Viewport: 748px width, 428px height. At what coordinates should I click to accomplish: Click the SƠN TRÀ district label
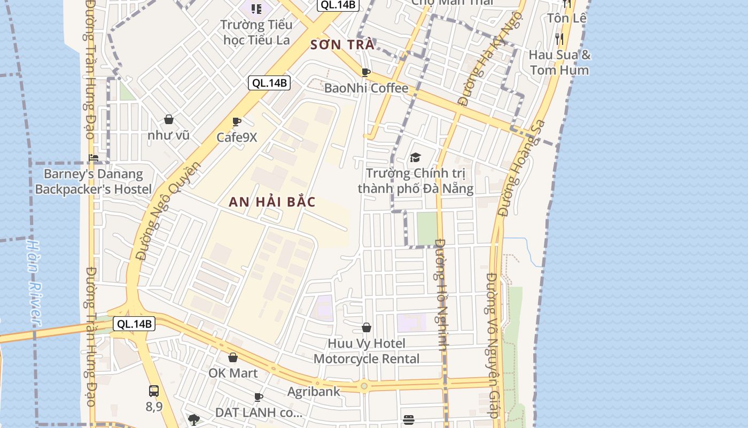click(342, 44)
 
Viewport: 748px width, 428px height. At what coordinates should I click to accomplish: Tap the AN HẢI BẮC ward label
click(272, 202)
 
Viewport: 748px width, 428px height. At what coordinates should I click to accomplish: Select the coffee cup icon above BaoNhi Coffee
click(366, 72)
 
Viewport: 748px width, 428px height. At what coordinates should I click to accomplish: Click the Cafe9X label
click(237, 137)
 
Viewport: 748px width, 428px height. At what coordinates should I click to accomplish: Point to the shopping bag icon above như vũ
click(169, 119)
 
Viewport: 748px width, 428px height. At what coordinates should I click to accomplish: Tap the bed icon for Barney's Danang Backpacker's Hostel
click(94, 157)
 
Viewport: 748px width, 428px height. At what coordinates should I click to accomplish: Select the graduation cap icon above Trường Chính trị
click(415, 157)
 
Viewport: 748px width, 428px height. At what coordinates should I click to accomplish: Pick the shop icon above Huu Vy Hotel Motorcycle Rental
click(367, 327)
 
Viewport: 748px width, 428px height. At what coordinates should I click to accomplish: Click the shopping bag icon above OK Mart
click(233, 357)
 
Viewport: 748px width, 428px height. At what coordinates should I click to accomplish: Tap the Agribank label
click(314, 392)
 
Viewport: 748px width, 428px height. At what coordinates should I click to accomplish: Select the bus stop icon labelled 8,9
click(154, 391)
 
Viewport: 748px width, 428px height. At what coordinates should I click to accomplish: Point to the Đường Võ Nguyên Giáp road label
click(493, 345)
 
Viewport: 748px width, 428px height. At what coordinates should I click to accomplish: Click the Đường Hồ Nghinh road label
click(441, 294)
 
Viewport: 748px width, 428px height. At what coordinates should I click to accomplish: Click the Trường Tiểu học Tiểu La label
click(257, 32)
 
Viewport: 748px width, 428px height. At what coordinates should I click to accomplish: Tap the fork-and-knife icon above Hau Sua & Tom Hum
click(559, 39)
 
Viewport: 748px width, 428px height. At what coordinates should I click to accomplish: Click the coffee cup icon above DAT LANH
click(259, 397)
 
